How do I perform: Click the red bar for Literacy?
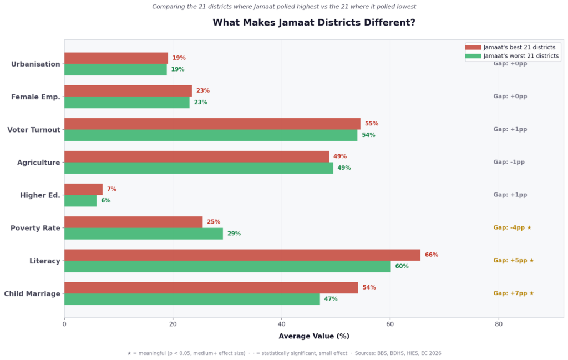point(242,255)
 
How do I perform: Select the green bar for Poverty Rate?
point(144,234)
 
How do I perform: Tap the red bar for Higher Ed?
point(83,189)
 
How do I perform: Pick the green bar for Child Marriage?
point(192,299)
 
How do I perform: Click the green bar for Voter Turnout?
point(211,135)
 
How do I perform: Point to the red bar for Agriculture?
point(196,156)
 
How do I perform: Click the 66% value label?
point(432,255)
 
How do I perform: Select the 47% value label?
point(331,299)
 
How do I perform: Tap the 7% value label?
point(111,189)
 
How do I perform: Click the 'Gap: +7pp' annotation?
point(513,293)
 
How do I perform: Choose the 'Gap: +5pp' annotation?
point(513,261)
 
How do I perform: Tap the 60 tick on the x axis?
point(390,324)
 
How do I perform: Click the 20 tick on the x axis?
point(173,324)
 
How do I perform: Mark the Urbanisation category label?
point(35,64)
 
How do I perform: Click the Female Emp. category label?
point(35,97)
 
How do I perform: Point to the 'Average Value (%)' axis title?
point(314,336)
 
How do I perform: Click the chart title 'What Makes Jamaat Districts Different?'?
point(314,23)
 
